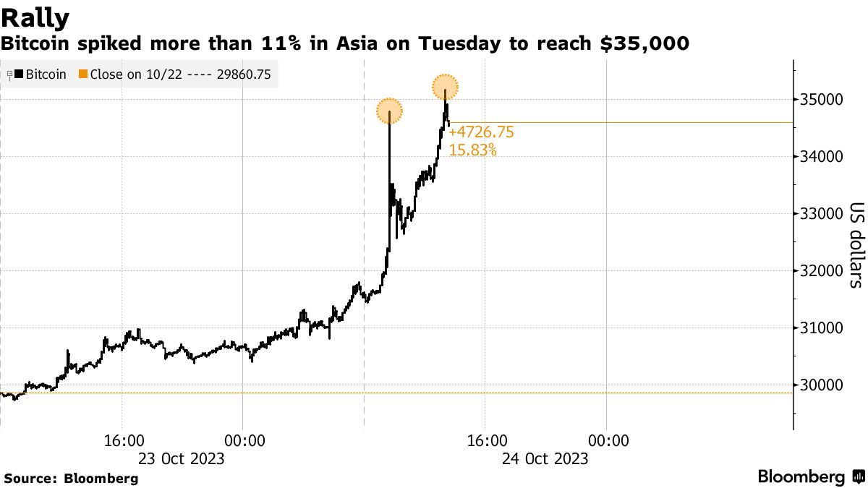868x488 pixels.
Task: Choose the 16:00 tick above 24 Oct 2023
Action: (x=485, y=440)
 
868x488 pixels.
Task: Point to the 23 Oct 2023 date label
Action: (x=182, y=458)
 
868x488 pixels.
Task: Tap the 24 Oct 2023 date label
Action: (x=545, y=458)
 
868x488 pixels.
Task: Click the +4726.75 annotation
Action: (x=481, y=132)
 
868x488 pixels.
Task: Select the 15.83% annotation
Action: (x=473, y=150)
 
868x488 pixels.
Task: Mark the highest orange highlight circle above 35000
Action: (x=446, y=88)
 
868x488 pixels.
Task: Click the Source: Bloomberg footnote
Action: (x=71, y=478)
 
